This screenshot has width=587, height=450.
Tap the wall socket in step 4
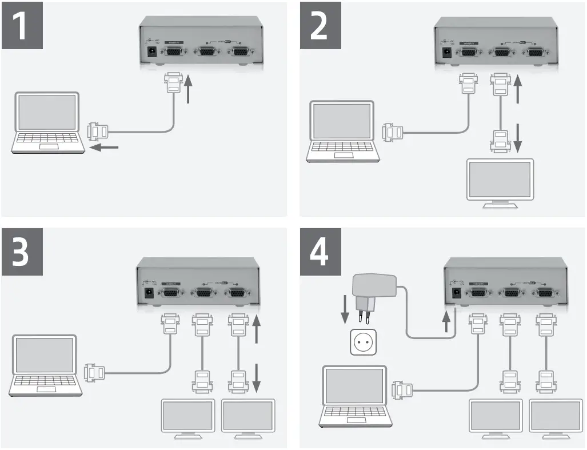pyautogui.click(x=361, y=342)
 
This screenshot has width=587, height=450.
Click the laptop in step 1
pyautogui.click(x=47, y=122)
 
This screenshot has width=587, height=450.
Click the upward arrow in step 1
pyautogui.click(x=189, y=91)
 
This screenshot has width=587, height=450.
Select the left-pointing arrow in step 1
pyautogui.click(x=105, y=148)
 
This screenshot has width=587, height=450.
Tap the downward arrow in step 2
pyautogui.click(x=517, y=137)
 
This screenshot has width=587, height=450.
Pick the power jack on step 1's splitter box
pyautogui.click(x=153, y=52)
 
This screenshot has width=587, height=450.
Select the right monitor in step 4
pyautogui.click(x=556, y=419)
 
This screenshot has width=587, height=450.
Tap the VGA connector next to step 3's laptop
pyautogui.click(x=94, y=373)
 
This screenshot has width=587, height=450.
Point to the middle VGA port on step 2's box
pyautogui.click(x=502, y=52)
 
